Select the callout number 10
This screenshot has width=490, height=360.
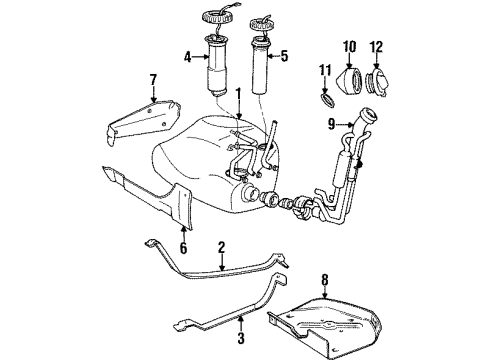tap(350, 47)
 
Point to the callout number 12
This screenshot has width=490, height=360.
tap(378, 47)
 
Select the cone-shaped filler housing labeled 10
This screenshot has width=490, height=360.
tap(354, 80)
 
